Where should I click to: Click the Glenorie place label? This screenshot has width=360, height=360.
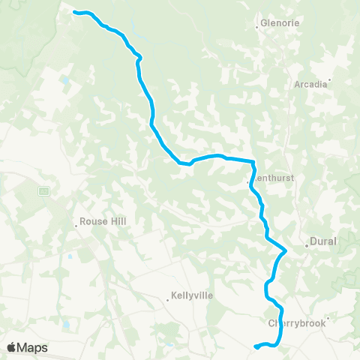(281, 23)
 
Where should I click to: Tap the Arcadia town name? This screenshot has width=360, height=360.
(311, 84)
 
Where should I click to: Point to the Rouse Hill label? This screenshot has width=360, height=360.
(99, 222)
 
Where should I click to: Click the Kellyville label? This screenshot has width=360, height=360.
(193, 295)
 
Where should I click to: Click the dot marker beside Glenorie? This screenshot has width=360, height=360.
(258, 27)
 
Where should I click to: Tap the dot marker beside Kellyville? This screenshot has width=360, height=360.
(168, 300)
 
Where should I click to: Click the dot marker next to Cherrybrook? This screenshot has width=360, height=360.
(328, 318)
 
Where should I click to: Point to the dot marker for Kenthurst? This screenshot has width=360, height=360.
(248, 181)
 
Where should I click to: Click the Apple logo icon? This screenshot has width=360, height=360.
(11, 347)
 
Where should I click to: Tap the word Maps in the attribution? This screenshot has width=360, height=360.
(33, 347)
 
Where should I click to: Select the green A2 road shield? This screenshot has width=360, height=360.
(44, 190)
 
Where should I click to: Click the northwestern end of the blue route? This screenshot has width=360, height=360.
(73, 12)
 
